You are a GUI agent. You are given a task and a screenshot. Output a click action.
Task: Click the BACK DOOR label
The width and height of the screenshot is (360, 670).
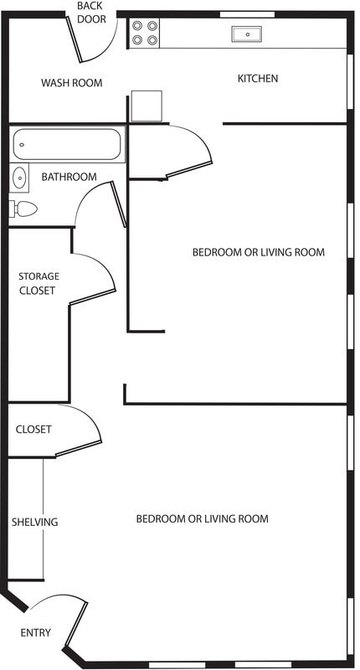91,13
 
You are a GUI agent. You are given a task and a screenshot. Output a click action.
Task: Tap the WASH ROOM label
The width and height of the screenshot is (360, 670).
72,83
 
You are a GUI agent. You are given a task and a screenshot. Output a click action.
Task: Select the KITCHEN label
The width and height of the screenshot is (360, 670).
258,79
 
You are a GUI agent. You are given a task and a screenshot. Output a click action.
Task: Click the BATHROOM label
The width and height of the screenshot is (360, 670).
69,177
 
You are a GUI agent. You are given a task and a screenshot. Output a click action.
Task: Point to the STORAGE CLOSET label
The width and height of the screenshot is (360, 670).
39,283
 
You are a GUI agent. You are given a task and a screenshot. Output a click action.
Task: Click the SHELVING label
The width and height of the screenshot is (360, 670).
35,522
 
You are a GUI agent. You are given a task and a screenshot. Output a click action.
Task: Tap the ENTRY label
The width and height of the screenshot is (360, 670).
35,632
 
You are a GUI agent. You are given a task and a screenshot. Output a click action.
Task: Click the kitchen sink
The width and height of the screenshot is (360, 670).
248,34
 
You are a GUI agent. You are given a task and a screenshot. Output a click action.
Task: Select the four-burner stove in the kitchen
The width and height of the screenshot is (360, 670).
145,32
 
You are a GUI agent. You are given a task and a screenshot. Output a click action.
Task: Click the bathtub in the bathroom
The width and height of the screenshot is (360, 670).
68,144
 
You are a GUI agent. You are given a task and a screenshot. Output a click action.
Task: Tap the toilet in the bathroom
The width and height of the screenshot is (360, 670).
24,209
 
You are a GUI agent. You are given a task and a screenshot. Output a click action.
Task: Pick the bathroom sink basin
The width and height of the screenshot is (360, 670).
19,177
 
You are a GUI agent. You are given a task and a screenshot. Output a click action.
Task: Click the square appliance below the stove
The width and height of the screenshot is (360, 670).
146,106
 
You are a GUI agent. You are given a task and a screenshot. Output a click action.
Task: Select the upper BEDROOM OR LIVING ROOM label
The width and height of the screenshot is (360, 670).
258,252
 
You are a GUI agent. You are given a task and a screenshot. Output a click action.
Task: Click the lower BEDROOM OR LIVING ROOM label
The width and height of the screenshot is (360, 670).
202,519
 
